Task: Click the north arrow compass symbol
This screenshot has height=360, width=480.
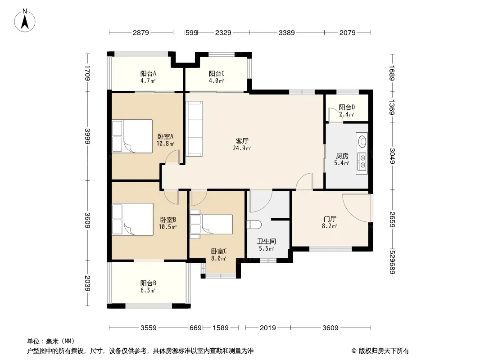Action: point(25,21)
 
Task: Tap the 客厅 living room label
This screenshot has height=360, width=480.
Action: point(242,141)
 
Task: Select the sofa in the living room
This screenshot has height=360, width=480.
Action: point(194,128)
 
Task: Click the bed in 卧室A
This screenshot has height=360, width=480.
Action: point(132,136)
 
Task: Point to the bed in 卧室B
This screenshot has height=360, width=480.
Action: point(132,219)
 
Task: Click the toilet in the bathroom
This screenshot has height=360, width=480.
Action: point(254,225)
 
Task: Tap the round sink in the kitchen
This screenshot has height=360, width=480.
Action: point(362,141)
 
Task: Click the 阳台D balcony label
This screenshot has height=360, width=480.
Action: point(347,108)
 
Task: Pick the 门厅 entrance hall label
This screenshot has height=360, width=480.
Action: point(330,219)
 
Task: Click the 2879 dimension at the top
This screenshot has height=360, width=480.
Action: point(141,32)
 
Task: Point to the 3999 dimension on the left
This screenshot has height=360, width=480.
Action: point(88,136)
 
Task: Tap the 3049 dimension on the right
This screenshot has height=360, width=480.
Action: point(392,156)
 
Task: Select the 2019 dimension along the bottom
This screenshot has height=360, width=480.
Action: point(268,328)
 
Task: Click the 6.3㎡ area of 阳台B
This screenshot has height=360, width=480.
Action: point(148,290)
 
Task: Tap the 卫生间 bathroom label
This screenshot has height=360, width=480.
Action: point(266,241)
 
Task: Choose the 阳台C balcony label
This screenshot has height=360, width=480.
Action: point(217,73)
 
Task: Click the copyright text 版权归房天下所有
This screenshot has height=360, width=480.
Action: point(384,351)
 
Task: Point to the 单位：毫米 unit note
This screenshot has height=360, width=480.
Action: point(51,341)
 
